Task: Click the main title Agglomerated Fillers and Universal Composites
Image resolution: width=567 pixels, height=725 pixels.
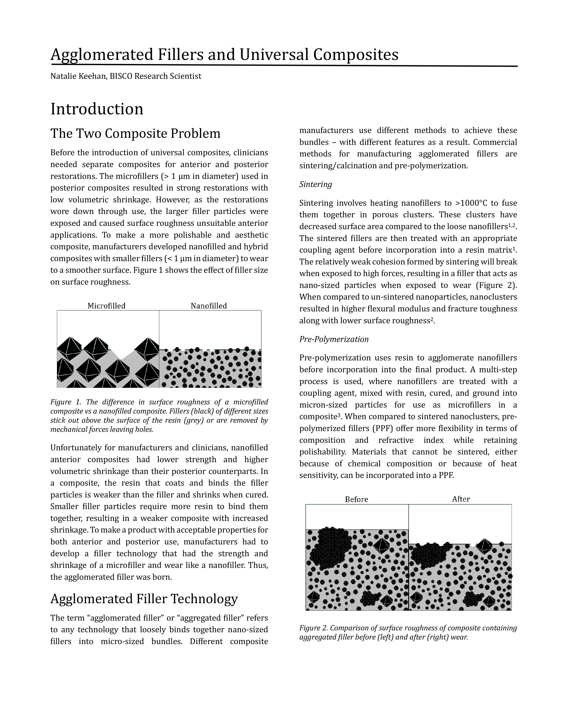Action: [224, 55]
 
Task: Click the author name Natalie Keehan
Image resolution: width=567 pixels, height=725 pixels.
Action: [78, 76]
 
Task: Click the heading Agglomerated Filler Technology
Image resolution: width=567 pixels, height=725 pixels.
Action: [144, 599]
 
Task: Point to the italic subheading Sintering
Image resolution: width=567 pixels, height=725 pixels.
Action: [315, 184]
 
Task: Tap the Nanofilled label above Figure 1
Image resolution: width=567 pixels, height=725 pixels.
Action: [209, 306]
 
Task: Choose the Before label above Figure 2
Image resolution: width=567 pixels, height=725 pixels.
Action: [356, 499]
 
